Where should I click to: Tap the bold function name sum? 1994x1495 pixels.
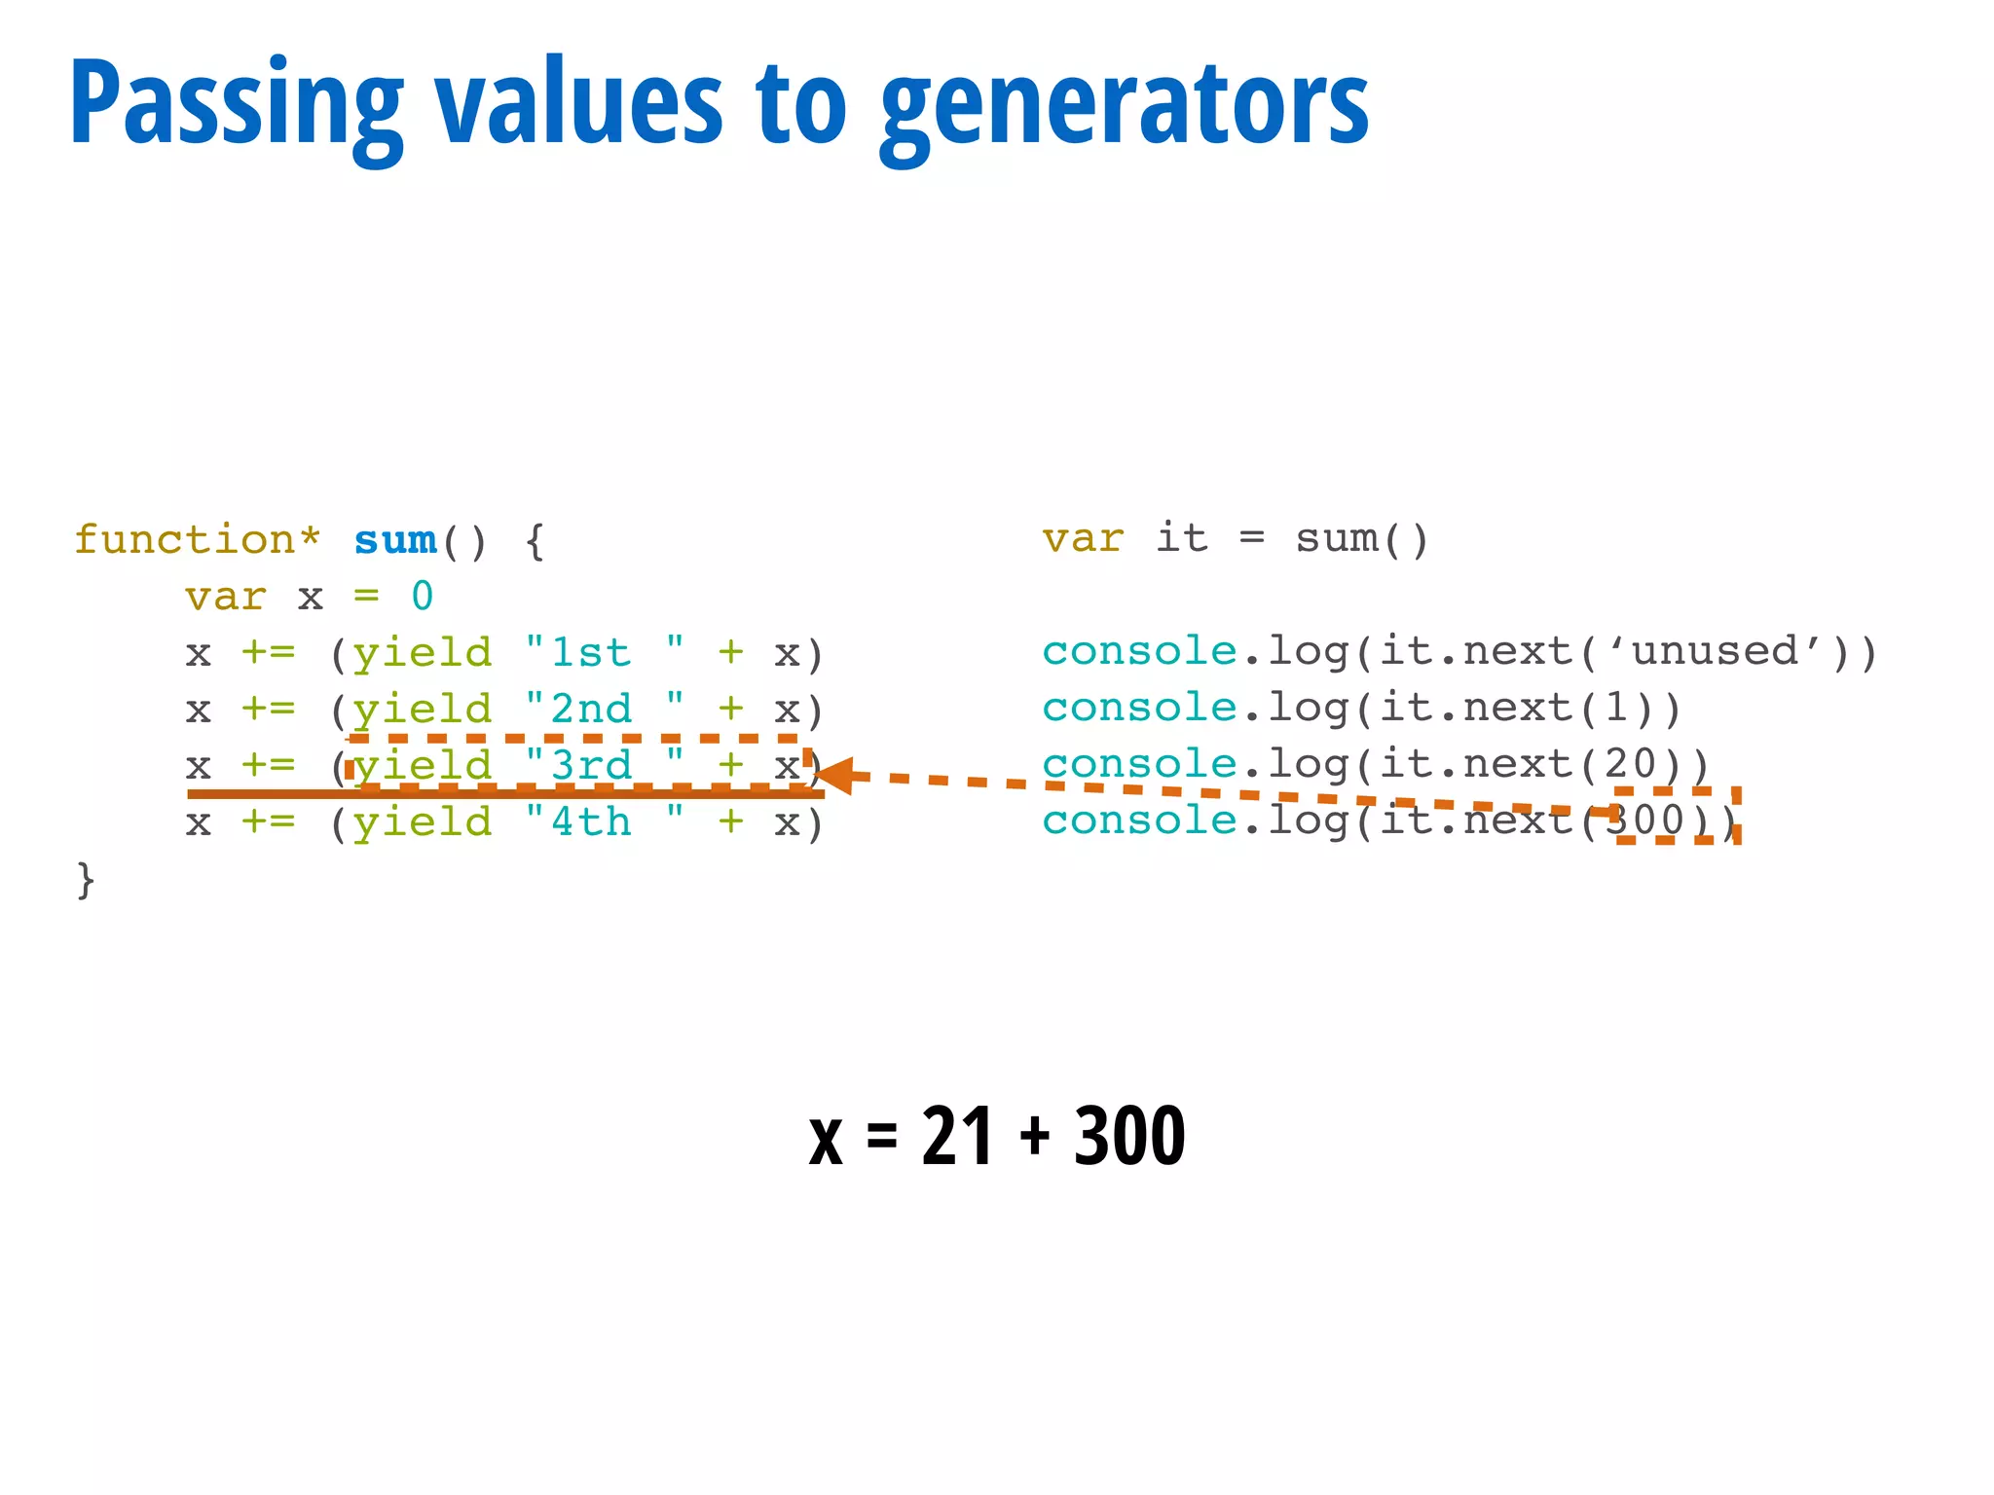[x=395, y=540]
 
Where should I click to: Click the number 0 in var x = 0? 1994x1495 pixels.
[x=422, y=597]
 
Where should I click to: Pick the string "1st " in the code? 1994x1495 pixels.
[x=604, y=653]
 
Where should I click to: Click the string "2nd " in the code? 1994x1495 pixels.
[x=604, y=710]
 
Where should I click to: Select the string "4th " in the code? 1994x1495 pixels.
[x=604, y=823]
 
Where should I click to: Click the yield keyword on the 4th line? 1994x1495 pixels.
[x=422, y=823]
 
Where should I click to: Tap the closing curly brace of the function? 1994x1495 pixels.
[x=86, y=880]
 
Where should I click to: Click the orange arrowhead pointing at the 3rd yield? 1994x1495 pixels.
[x=835, y=776]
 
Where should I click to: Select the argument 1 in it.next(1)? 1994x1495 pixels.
[x=1616, y=709]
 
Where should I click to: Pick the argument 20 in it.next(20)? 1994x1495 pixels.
[x=1631, y=765]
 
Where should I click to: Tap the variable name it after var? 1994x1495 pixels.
[x=1182, y=538]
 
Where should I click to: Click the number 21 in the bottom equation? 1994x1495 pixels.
[x=957, y=1136]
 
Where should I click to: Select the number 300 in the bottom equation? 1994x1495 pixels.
[x=1129, y=1136]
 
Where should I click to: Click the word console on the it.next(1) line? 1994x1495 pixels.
[x=1139, y=709]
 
